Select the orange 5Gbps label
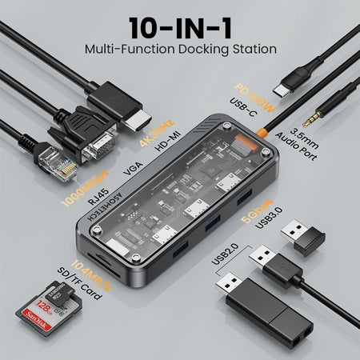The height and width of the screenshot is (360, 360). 251,191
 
